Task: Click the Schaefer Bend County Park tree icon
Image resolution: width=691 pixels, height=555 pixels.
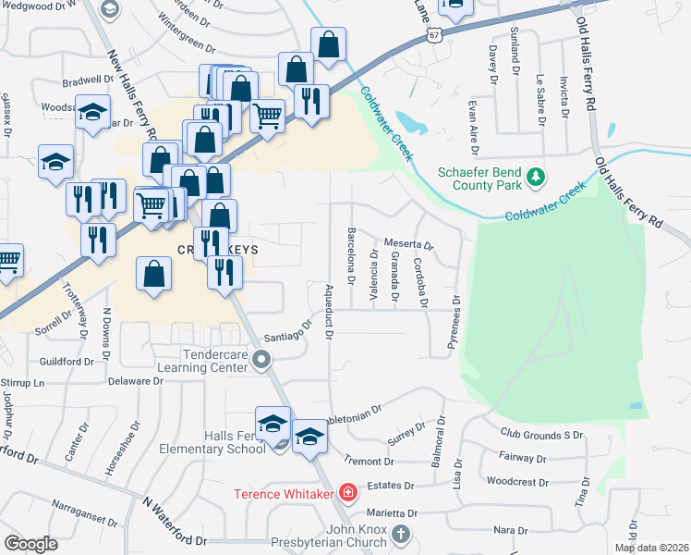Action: pos(535,175)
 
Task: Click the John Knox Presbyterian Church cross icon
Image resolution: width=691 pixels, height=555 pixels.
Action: pos(400,535)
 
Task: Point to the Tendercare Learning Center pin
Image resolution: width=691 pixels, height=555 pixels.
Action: pos(261,359)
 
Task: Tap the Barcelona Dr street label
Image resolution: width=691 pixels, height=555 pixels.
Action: pos(351,250)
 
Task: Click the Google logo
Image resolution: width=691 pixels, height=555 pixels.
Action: pos(31,544)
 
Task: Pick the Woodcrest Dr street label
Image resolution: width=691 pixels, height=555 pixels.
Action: pos(517,482)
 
